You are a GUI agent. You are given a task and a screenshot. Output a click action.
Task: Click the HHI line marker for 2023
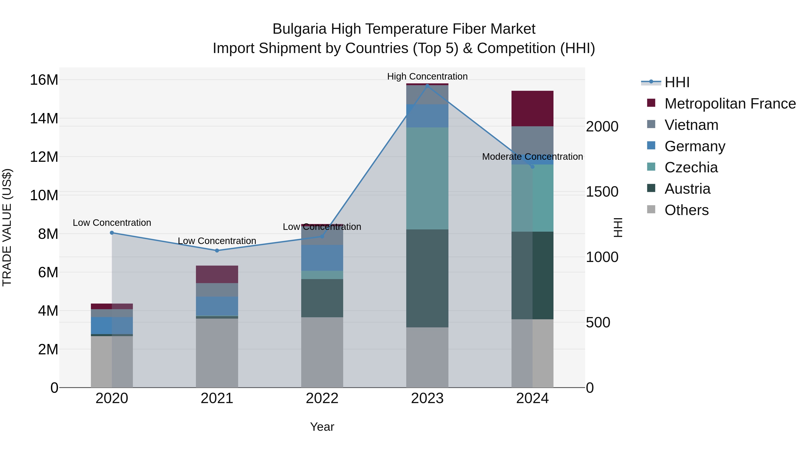pos(427,85)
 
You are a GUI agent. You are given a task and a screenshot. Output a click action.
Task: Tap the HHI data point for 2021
pos(217,250)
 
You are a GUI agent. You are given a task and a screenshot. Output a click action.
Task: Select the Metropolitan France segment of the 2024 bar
pos(532,109)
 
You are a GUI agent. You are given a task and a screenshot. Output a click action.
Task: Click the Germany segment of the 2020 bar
pos(112,325)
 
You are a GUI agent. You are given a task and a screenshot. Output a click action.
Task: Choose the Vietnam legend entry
pos(691,125)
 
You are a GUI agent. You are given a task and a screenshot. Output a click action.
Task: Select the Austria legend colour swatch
pos(651,188)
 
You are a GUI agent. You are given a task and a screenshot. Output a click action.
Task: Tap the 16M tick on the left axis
pos(44,80)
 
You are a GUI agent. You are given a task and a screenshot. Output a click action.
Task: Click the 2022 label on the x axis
pos(322,398)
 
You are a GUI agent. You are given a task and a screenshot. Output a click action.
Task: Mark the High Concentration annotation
pos(427,76)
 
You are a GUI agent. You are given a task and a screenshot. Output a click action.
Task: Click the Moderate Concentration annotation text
pos(532,156)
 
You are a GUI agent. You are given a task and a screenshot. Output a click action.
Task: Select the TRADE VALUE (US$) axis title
pos(7,227)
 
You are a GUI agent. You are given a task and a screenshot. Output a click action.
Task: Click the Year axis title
pos(322,427)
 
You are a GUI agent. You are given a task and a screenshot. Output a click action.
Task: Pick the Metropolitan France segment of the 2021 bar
pos(217,274)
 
